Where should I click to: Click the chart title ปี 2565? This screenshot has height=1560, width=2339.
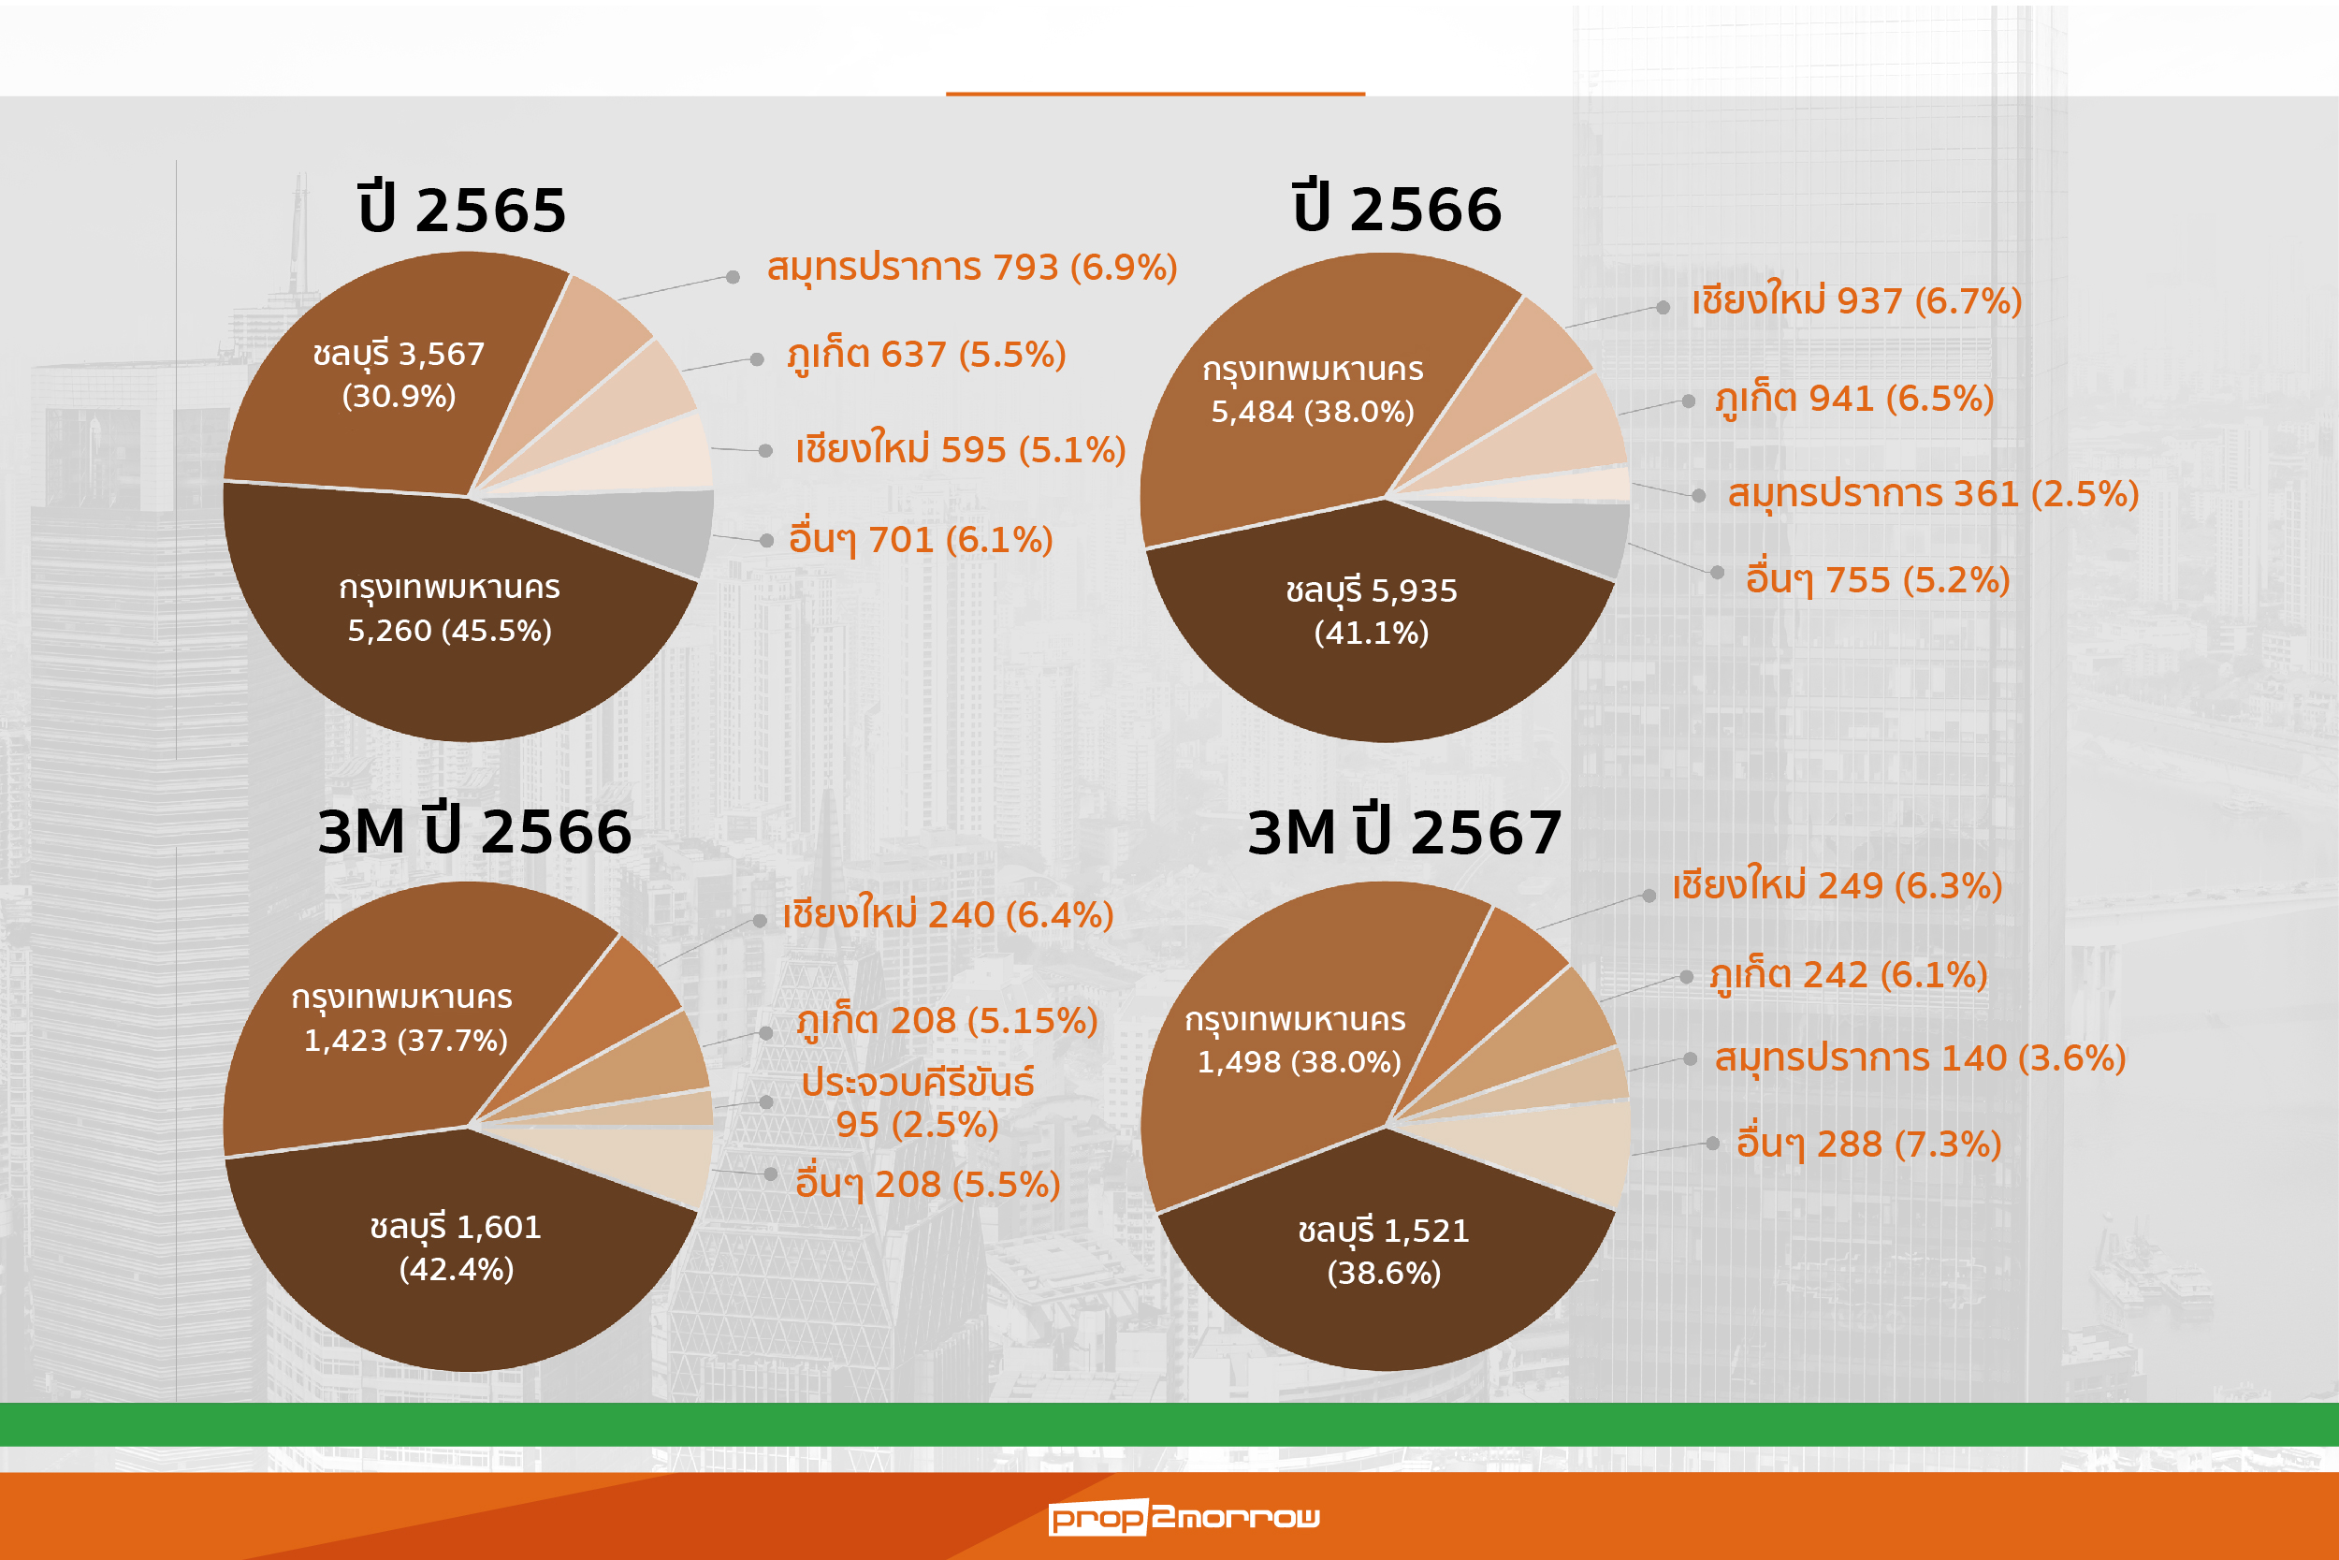(461, 210)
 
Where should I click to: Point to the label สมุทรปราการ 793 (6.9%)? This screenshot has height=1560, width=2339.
(971, 268)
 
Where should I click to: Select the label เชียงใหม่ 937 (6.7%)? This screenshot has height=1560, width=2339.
(1856, 300)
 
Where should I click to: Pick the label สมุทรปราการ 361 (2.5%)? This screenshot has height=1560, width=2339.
(1932, 493)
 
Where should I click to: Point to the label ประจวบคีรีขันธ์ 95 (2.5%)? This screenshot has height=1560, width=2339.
(917, 1103)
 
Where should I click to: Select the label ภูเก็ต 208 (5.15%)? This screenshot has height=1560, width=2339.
(946, 1021)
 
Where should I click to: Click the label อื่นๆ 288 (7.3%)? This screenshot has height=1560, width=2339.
(1868, 1144)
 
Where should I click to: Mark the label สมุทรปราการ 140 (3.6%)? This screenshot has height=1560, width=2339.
(1919, 1057)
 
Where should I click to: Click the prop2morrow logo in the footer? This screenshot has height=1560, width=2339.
(1184, 1517)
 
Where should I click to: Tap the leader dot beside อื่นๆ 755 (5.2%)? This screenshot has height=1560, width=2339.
(1717, 572)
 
